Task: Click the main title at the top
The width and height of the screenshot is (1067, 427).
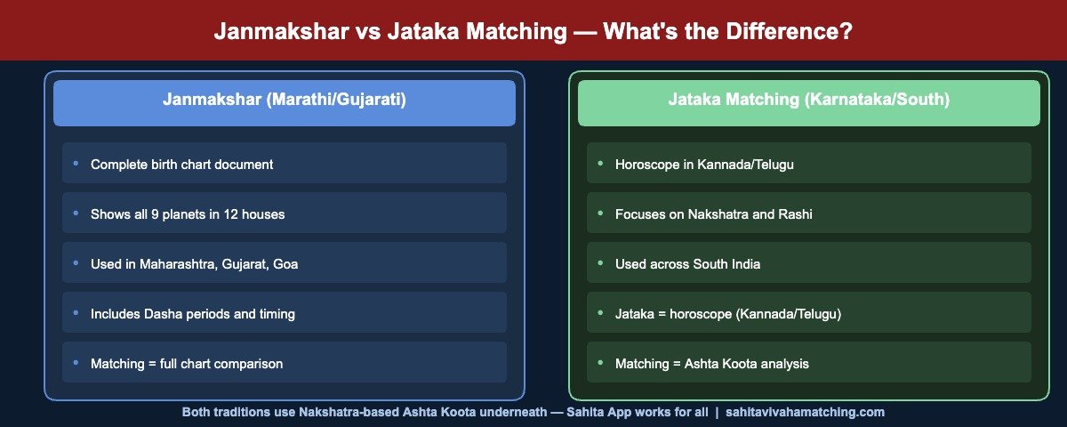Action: (533, 31)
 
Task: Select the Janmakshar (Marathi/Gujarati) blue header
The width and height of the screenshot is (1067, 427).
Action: (285, 101)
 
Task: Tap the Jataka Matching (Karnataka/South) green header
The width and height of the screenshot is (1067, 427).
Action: (808, 101)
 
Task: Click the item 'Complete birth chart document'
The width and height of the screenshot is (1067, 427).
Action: (182, 165)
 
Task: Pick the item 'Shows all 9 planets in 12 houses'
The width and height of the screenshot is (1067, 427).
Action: (188, 214)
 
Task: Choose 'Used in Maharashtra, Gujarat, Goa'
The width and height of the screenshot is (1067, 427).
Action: (194, 264)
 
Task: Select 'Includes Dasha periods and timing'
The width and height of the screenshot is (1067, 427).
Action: (193, 314)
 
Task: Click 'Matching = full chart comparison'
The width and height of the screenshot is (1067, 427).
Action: (187, 364)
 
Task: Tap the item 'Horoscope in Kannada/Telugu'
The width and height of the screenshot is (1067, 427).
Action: (704, 165)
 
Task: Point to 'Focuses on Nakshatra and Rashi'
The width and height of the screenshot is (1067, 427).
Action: (714, 214)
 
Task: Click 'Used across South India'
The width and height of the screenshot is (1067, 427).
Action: (687, 264)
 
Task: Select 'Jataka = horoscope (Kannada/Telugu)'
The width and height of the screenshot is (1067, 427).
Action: (728, 314)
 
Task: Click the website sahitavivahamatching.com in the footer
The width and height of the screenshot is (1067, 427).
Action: (805, 413)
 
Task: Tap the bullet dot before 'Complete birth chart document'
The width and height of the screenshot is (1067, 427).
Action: (76, 164)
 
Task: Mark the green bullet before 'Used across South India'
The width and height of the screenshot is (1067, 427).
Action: (600, 263)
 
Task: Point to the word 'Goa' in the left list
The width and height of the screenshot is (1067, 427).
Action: (285, 264)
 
